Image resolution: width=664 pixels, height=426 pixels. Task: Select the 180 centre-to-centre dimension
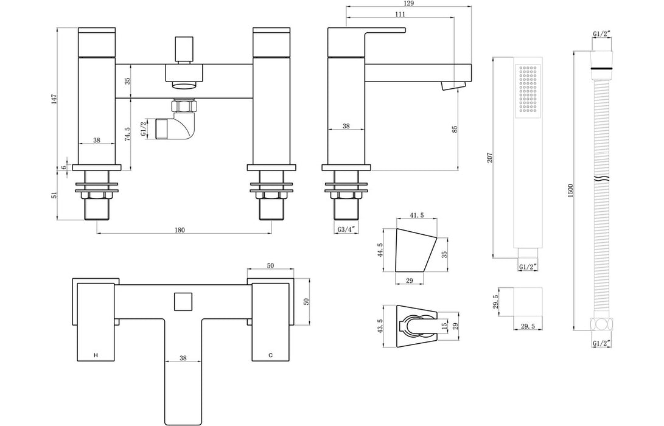(180, 229)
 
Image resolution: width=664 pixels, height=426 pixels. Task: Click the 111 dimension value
(400, 14)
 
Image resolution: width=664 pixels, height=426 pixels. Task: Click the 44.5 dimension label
(379, 250)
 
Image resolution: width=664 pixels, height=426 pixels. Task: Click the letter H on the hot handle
(95, 354)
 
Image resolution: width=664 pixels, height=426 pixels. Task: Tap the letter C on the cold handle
(270, 354)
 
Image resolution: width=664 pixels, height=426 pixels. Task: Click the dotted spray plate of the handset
(527, 89)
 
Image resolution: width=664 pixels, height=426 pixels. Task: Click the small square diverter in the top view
(183, 302)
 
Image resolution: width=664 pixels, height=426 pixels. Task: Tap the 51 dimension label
(54, 195)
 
